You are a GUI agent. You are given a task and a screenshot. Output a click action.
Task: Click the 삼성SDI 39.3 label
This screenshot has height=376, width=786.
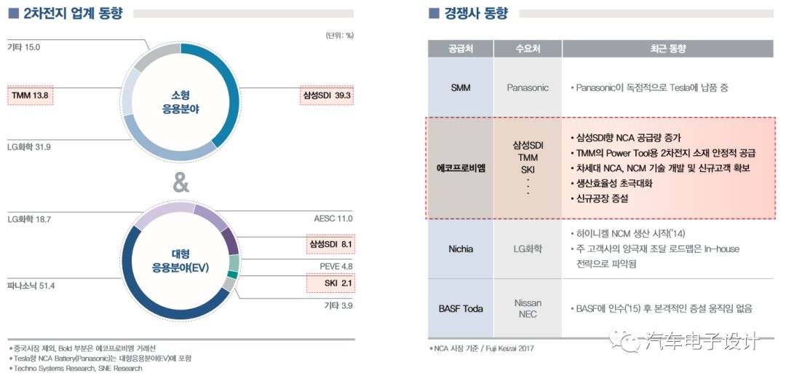coord(326,95)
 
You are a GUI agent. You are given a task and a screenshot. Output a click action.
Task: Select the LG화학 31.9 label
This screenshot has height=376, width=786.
coord(29,146)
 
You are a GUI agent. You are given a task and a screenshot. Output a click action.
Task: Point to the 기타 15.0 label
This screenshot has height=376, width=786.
coord(24,47)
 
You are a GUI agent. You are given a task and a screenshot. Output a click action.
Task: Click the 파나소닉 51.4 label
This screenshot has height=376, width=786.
coord(31,285)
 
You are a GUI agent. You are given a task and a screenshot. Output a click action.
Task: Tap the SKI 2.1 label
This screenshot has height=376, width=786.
coord(338,283)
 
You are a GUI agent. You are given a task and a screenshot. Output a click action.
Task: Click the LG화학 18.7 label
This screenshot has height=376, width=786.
coord(29,218)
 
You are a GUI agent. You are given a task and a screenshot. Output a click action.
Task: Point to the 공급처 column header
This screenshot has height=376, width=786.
coord(460,49)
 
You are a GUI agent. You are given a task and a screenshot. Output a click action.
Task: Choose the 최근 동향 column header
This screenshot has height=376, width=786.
coord(667,49)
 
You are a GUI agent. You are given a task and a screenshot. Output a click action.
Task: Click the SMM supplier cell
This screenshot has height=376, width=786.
coord(460,87)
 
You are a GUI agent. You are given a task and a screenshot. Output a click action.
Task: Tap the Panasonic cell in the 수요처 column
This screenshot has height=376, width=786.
coord(528,87)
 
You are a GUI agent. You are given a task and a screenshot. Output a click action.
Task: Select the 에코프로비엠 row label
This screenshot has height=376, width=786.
coord(460,168)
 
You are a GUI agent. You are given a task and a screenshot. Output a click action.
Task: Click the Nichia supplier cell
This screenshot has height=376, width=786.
coord(460,249)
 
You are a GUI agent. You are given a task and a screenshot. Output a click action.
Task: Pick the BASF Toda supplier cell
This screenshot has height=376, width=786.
coord(460,308)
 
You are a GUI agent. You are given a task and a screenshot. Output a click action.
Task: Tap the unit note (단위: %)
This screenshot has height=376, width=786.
coord(339,35)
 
